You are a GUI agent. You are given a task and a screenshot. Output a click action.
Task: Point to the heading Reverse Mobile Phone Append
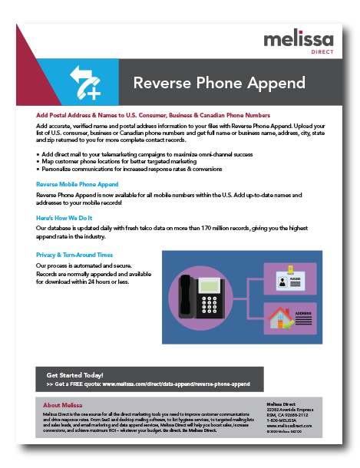[78, 185]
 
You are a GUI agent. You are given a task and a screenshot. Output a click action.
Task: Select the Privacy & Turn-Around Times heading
[74, 255]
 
